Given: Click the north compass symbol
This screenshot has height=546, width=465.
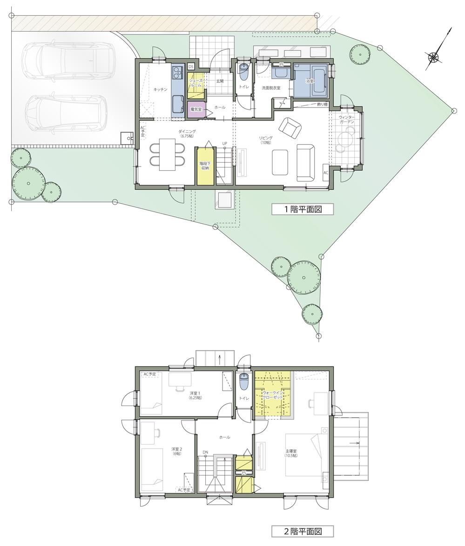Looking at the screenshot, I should click(434, 57).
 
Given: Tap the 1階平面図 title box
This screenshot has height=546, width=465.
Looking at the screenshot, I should click(303, 209).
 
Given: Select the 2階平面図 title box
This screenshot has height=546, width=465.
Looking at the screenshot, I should click(303, 531).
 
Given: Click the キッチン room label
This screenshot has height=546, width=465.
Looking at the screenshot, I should click(160, 89).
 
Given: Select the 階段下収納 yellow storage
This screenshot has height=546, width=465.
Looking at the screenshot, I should click(205, 166).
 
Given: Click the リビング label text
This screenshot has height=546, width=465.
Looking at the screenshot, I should click(266, 138).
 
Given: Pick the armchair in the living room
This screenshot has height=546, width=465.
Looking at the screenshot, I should click(289, 127).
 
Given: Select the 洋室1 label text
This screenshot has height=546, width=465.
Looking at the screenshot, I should click(195, 395).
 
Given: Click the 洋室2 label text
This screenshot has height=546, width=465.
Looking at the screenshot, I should click(176, 451).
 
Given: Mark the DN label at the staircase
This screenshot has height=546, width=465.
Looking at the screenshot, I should click(205, 452).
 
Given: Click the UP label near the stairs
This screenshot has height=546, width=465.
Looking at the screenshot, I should click(225, 143).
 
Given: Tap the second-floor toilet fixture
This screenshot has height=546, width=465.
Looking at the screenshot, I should click(244, 382).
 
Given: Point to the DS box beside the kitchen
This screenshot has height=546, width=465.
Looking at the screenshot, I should click(191, 67).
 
